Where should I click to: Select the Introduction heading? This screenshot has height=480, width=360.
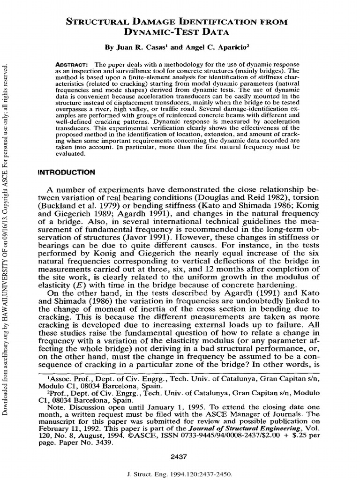point(66,172)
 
